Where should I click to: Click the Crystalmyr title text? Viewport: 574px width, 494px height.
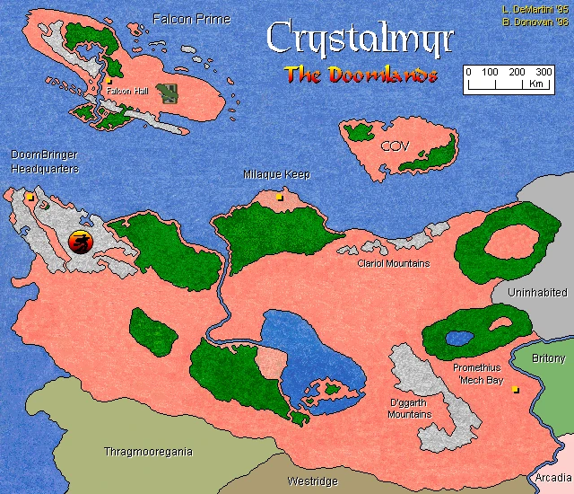pyautogui.click(x=360, y=40)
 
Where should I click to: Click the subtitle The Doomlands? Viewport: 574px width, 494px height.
pyautogui.click(x=361, y=75)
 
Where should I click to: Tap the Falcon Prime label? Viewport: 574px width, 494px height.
pyautogui.click(x=191, y=19)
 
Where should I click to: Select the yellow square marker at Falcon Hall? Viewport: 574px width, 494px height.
pyautogui.click(x=109, y=81)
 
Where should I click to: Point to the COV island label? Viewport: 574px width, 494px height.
pyautogui.click(x=394, y=146)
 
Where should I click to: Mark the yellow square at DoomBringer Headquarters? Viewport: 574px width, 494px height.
pyautogui.click(x=30, y=195)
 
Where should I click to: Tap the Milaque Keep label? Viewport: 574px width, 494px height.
pyautogui.click(x=277, y=174)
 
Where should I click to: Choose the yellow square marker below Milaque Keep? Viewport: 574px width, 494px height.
pyautogui.click(x=279, y=197)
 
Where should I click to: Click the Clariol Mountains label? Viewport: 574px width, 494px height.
pyautogui.click(x=394, y=264)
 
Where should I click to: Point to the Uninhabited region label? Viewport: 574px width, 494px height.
pyautogui.click(x=537, y=293)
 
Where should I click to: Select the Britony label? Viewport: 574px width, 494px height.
pyautogui.click(x=549, y=357)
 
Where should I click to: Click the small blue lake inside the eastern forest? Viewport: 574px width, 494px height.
pyautogui.click(x=460, y=339)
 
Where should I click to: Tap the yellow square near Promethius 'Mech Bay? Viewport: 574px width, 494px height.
pyautogui.click(x=515, y=390)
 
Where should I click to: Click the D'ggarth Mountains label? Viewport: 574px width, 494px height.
pyautogui.click(x=410, y=409)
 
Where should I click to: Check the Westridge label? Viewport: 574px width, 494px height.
pyautogui.click(x=312, y=481)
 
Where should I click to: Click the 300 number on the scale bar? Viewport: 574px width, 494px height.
pyautogui.click(x=544, y=72)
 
